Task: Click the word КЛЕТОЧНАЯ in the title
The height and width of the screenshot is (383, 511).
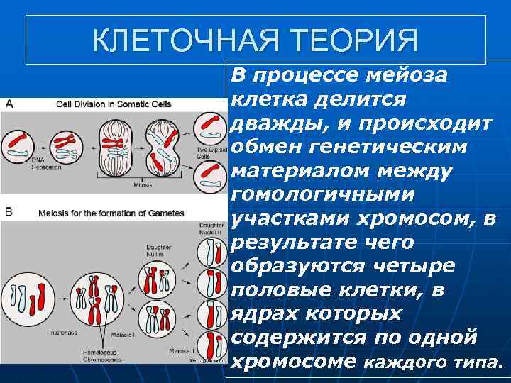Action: click(x=180, y=41)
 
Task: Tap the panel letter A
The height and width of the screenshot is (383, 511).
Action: click(x=9, y=104)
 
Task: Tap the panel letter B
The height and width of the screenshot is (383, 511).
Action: click(x=9, y=211)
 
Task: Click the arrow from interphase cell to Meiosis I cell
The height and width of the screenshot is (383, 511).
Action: click(x=62, y=290)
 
